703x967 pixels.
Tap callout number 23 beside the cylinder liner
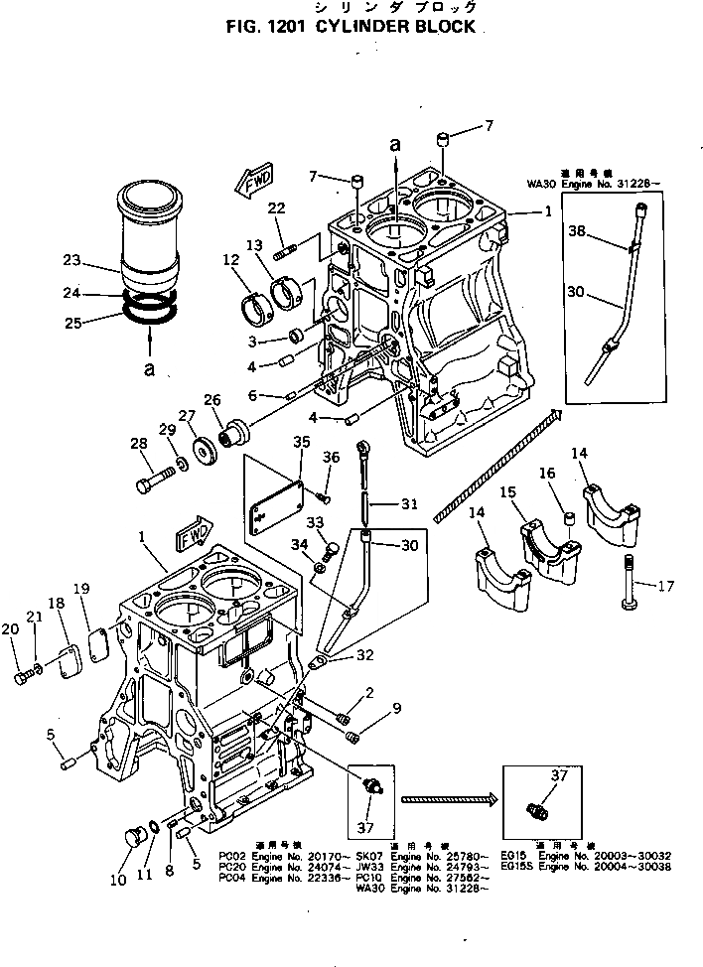pyautogui.click(x=70, y=261)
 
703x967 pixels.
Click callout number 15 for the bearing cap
pyautogui.click(x=507, y=492)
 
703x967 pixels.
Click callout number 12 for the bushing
pyautogui.click(x=230, y=260)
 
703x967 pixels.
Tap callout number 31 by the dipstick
pyautogui.click(x=408, y=503)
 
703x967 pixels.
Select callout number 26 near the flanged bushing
pyautogui.click(x=211, y=400)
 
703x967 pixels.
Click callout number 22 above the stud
pyautogui.click(x=276, y=207)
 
